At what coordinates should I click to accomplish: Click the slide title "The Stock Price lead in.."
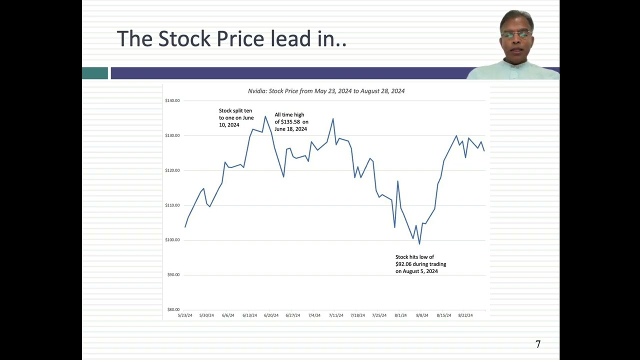[x=231, y=39]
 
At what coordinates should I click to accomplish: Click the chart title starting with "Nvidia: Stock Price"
[x=326, y=91]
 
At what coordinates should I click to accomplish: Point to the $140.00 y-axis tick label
[x=172, y=101]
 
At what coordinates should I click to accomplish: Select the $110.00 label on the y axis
[x=172, y=205]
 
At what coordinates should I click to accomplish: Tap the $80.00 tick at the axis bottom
[x=173, y=309]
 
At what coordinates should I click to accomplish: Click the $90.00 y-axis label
[x=173, y=275]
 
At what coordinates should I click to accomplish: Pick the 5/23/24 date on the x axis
[x=185, y=315]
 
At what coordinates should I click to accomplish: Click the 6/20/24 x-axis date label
[x=271, y=315]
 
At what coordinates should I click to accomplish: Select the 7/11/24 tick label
[x=336, y=315]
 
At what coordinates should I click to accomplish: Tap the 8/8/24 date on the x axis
[x=422, y=315]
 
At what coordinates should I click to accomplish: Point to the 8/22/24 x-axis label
[x=465, y=315]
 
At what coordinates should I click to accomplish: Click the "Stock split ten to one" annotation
[x=236, y=118]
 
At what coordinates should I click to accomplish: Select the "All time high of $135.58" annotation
[x=291, y=122]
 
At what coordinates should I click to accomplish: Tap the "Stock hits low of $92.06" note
[x=420, y=264]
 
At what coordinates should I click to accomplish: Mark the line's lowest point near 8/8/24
[x=419, y=244]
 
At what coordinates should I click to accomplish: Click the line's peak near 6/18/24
[x=265, y=116]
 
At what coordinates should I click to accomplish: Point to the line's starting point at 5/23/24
[x=185, y=227]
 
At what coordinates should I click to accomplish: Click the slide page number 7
[x=538, y=344]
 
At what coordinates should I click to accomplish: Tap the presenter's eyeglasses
[x=516, y=34]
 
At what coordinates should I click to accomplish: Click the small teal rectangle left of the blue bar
[x=95, y=73]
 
